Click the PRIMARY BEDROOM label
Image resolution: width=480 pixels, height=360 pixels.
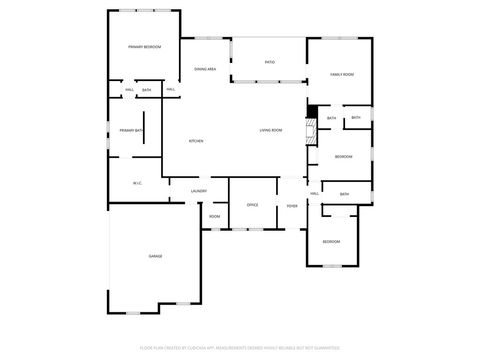coord(144,47)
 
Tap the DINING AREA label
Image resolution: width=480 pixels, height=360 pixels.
coord(205,68)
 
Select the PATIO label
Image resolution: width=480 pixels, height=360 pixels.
coord(270,62)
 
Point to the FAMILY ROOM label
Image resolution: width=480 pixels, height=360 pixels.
coord(344,75)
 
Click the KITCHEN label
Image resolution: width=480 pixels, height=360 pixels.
coord(196,141)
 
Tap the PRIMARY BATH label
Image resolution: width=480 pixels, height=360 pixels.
coord(132,131)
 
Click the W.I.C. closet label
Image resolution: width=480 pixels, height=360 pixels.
coord(138,183)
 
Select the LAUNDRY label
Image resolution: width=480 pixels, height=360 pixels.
coord(198,190)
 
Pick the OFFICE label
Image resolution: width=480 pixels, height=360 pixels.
coord(252,205)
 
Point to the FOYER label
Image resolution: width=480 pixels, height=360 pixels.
coord(292,205)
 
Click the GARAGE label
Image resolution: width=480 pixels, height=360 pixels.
coord(156,256)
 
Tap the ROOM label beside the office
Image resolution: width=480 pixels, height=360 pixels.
coord(215,216)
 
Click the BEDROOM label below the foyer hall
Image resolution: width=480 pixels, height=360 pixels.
coord(330,242)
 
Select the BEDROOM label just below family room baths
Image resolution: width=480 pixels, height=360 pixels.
coord(343,156)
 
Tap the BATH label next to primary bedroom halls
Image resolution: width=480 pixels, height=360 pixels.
coord(147,91)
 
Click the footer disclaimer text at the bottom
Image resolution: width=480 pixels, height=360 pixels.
coord(240,349)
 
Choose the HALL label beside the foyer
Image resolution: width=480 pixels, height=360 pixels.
coord(314,193)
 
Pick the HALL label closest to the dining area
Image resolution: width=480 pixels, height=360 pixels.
coord(171,91)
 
